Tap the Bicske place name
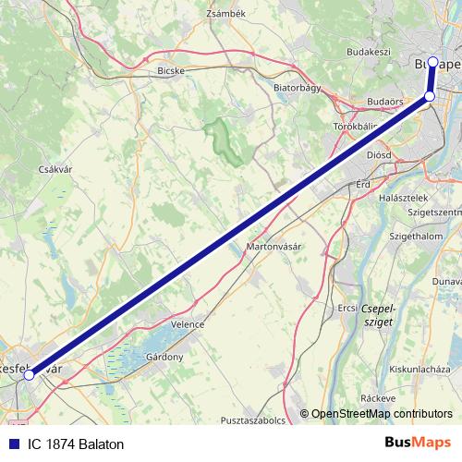173,69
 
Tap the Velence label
187,325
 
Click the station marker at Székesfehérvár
30,375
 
